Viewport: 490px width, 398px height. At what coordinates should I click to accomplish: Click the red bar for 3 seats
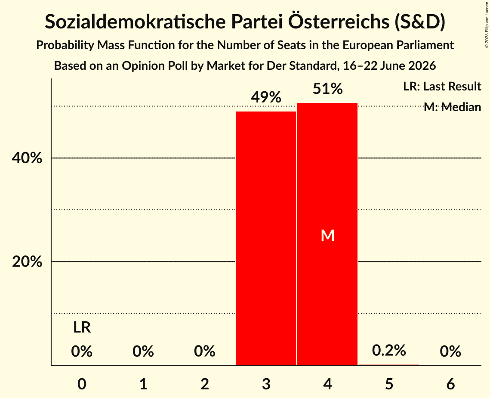265,238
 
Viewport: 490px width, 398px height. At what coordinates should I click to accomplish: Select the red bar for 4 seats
327,234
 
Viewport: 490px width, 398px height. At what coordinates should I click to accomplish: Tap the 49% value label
266,97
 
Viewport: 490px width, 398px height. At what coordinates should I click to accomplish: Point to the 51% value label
327,89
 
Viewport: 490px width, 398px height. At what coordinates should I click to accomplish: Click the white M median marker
327,235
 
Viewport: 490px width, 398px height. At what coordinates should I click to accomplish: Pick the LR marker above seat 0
82,328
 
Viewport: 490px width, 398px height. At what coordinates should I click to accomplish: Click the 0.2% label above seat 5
389,350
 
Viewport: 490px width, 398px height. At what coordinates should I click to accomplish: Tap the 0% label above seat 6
450,351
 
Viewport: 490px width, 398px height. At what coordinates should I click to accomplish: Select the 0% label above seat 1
143,351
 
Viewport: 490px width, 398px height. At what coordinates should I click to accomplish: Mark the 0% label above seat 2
204,351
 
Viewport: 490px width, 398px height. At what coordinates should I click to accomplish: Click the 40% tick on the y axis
27,158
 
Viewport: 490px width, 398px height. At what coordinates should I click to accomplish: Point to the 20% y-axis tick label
27,261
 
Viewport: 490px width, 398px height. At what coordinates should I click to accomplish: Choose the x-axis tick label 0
82,384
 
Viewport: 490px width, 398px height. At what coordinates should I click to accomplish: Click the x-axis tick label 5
389,384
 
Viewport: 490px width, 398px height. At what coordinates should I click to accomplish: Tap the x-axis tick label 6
450,384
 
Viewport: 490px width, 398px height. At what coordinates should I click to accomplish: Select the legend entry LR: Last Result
442,86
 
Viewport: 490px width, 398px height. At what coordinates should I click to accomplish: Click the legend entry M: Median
452,107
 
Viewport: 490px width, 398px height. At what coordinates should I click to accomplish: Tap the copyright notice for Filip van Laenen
487,25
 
